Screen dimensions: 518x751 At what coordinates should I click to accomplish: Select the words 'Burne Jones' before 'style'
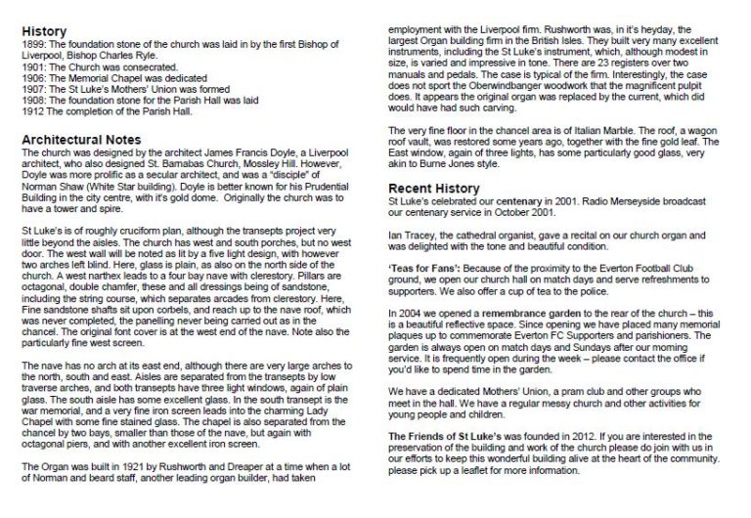pyautogui.click(x=458, y=164)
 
